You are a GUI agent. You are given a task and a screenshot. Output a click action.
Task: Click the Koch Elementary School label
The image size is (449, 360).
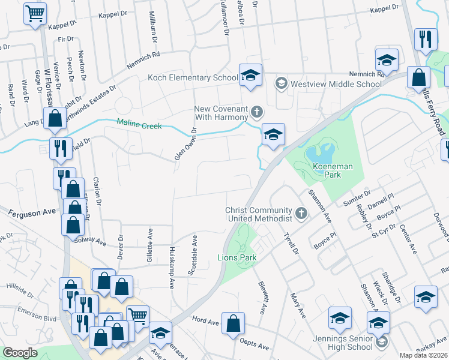tap(193, 77)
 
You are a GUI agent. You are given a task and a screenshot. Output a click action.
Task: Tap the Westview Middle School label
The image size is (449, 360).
tap(336, 83)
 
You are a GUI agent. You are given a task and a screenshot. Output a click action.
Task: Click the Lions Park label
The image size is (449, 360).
tap(237, 257)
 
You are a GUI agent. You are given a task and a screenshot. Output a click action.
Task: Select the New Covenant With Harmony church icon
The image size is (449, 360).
tap(257, 111)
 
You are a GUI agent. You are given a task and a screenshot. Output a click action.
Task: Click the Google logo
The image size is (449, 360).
tap(20, 353)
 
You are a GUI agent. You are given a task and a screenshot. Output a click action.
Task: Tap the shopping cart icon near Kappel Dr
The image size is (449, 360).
tap(35, 13)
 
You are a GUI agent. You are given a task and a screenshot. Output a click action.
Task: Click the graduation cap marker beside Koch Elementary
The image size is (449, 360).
tap(250, 76)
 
